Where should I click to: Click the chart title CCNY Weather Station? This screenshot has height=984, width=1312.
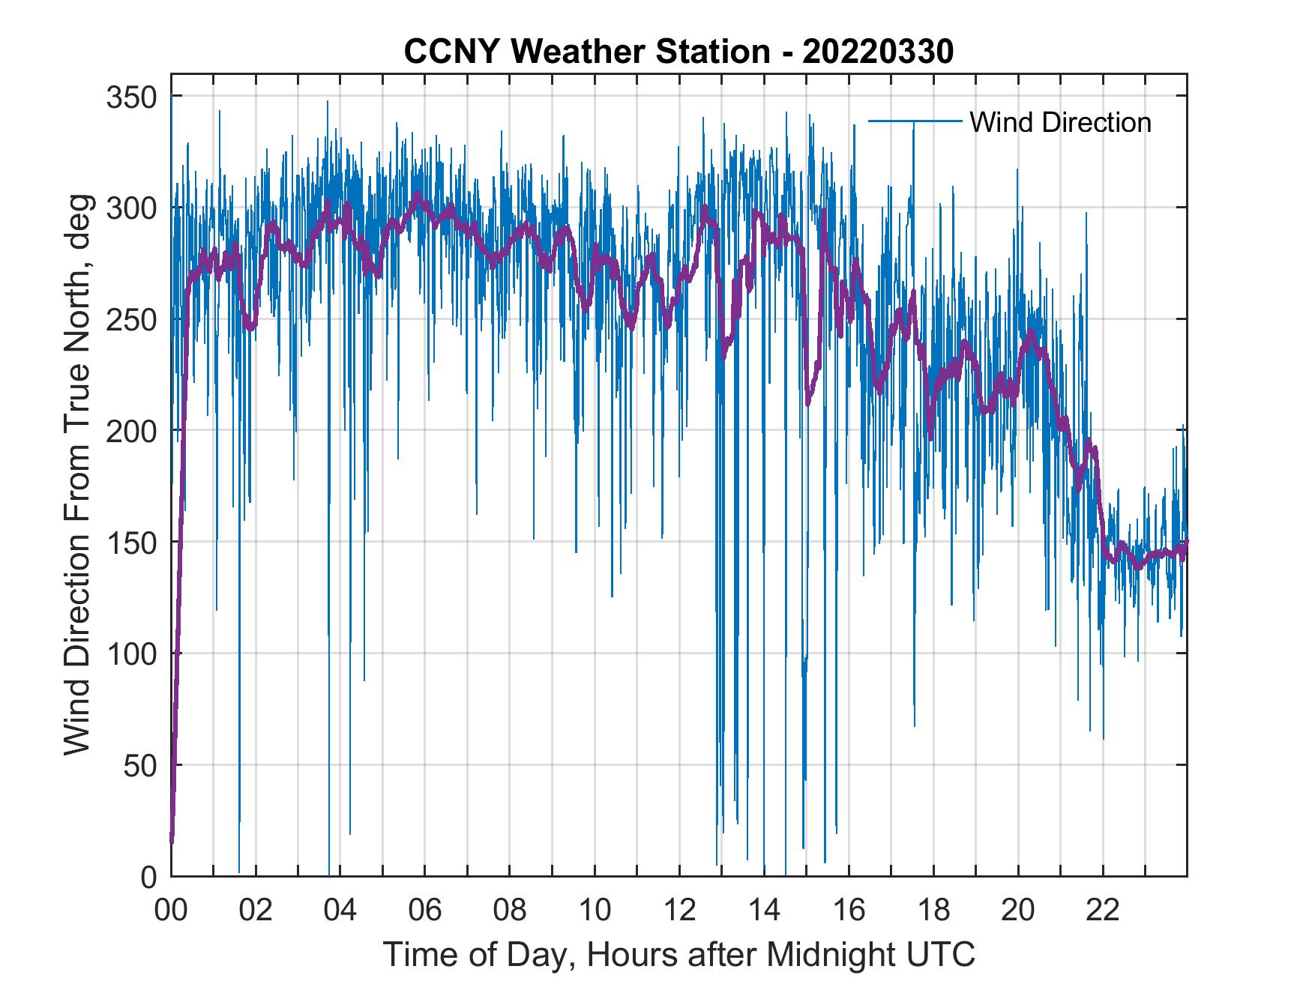pos(678,52)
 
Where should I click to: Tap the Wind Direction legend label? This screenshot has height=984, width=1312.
pos(1060,122)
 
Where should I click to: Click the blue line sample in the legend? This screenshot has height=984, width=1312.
pos(915,121)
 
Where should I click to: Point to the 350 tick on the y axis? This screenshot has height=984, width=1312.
pos(131,97)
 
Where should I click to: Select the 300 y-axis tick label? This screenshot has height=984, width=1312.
pos(131,208)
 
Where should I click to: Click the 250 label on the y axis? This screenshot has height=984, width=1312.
pos(131,319)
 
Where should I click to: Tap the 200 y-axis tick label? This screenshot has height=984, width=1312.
pos(131,431)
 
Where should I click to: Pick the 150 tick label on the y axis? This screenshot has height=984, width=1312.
pos(131,542)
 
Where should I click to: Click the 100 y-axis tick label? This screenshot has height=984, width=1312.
pos(131,654)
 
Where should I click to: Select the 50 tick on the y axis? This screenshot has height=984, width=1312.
pos(139,765)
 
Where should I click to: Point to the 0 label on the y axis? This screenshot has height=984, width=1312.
pos(148,876)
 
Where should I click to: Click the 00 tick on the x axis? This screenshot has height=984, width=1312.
pos(171,911)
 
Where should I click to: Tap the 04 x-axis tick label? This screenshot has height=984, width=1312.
pos(340,911)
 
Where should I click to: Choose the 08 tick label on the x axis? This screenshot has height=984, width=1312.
pos(510,911)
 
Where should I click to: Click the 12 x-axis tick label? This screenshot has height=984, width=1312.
pos(679,911)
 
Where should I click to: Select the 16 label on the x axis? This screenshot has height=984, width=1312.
pos(849,911)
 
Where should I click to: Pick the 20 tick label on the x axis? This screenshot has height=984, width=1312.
pos(1018,911)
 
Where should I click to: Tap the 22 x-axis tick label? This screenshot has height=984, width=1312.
pos(1103,911)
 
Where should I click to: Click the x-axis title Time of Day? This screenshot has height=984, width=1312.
pos(679,955)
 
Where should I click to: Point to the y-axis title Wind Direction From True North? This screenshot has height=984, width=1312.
pos(77,474)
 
